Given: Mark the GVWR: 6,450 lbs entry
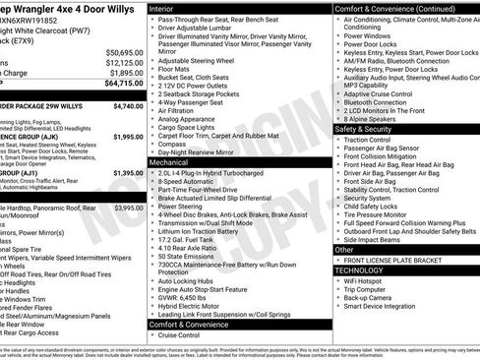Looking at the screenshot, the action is [x=187, y=297].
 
